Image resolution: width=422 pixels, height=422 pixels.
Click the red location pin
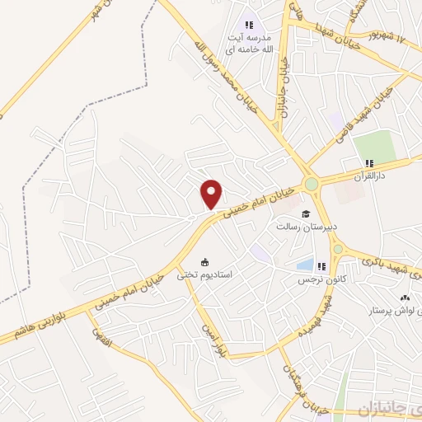click(212, 195)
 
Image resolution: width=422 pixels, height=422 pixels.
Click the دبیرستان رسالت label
click(302, 224)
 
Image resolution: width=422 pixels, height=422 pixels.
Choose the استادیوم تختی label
click(206, 276)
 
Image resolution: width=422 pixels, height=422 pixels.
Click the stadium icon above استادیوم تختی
click(204, 263)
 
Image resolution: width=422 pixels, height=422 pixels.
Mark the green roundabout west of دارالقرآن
click(312, 184)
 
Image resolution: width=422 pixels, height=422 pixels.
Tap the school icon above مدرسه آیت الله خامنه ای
click(249, 26)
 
